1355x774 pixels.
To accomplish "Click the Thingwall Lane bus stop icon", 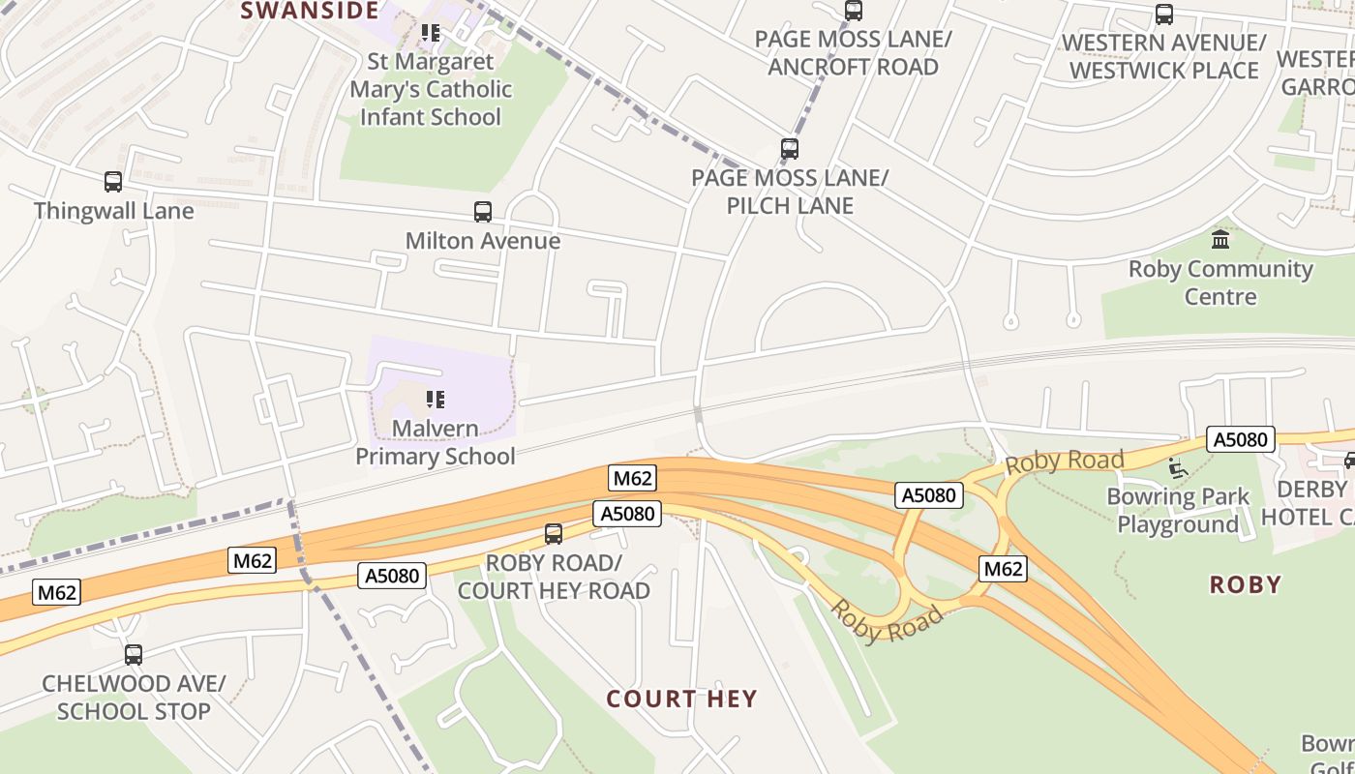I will click(113, 182).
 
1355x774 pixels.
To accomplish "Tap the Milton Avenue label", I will click(482, 241).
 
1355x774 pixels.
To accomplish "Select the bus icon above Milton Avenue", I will click(482, 212).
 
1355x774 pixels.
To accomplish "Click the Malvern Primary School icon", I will click(436, 399).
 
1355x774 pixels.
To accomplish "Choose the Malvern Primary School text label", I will click(436, 442).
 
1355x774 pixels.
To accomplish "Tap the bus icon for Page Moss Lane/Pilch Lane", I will click(790, 149).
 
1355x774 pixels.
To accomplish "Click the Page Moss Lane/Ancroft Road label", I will click(853, 53).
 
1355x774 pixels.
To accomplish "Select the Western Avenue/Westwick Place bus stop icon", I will click(1164, 15).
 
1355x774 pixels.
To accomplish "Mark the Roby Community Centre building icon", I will click(1220, 239).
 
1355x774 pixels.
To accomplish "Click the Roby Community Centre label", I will click(1220, 283).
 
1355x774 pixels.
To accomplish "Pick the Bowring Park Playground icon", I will click(1177, 468).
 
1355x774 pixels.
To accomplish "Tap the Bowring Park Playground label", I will click(1178, 511).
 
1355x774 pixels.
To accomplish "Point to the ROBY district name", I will click(1246, 584).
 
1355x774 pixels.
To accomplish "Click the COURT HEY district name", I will click(681, 699).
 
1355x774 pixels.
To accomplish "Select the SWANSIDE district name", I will click(309, 11).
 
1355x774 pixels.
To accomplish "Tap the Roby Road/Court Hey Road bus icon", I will click(554, 534).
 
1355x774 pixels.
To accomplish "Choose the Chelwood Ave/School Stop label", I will click(134, 698).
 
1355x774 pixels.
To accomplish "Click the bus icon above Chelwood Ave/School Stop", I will click(134, 655).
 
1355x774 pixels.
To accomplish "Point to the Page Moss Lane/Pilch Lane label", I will click(790, 192).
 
